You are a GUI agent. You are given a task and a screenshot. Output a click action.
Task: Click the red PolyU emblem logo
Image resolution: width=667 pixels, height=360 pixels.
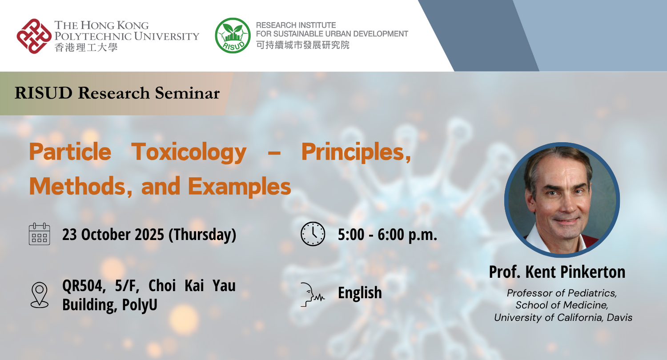(34, 36)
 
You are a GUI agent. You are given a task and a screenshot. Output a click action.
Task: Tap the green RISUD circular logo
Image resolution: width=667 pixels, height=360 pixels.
(233, 36)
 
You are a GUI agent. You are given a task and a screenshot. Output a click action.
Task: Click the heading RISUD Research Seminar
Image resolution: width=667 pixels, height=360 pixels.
(117, 93)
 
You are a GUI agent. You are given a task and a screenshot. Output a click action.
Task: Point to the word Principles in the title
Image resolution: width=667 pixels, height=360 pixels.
(355, 152)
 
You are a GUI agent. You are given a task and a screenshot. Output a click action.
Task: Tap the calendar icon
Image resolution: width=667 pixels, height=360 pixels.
(39, 234)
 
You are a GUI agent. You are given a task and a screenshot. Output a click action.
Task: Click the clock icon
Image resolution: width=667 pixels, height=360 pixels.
(313, 234)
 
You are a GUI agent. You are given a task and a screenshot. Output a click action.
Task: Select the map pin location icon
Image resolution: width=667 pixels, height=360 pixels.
(39, 294)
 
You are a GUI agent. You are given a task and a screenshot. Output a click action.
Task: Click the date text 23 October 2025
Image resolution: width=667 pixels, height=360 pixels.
(113, 235)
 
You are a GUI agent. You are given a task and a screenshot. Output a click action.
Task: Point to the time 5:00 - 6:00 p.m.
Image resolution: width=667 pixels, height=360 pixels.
(387, 235)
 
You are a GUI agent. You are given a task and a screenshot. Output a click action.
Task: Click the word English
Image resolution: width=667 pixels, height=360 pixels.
(360, 293)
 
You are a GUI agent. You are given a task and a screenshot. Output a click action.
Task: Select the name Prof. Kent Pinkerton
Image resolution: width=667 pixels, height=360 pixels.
(557, 272)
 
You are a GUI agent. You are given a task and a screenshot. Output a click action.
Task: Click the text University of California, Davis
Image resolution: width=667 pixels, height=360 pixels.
(563, 317)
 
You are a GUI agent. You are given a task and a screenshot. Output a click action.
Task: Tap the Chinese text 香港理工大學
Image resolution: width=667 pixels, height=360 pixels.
(86, 47)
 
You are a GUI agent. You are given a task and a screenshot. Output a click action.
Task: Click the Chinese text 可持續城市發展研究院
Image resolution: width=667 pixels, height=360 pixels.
(303, 45)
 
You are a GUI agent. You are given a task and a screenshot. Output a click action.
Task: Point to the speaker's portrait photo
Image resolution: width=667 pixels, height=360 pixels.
(562, 200)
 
